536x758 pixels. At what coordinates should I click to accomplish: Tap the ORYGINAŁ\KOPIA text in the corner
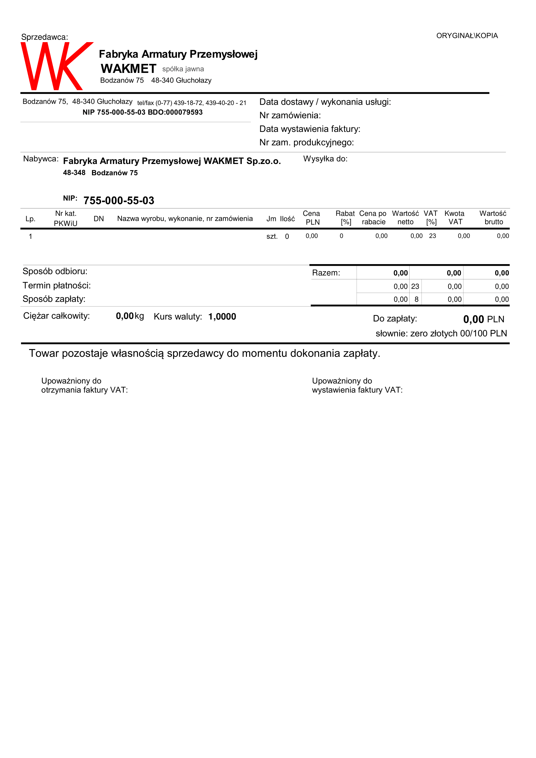(x=467, y=36)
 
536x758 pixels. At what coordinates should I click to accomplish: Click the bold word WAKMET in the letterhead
(x=128, y=69)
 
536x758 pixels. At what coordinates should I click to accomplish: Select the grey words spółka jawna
(x=183, y=69)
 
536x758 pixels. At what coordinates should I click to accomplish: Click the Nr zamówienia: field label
(x=290, y=115)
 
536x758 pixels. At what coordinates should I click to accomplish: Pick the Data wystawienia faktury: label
(x=309, y=129)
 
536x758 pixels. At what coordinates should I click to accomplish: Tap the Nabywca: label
(x=41, y=159)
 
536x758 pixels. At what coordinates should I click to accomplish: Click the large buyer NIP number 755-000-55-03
(x=119, y=200)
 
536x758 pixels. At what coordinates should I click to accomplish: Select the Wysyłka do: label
(x=325, y=159)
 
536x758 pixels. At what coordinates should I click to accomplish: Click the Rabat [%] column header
(x=345, y=217)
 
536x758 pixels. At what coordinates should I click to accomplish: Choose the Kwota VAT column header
(x=454, y=217)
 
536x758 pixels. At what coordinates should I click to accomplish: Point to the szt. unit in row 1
(x=272, y=236)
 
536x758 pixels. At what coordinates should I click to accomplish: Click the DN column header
(x=99, y=218)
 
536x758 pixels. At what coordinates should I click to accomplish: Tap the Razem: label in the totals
(x=326, y=273)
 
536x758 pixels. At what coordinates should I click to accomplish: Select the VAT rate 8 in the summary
(x=416, y=299)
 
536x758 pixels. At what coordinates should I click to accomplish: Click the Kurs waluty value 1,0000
(x=222, y=317)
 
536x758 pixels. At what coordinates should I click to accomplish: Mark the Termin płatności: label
(x=56, y=285)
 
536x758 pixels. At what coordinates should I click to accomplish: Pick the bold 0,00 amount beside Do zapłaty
(x=473, y=319)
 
